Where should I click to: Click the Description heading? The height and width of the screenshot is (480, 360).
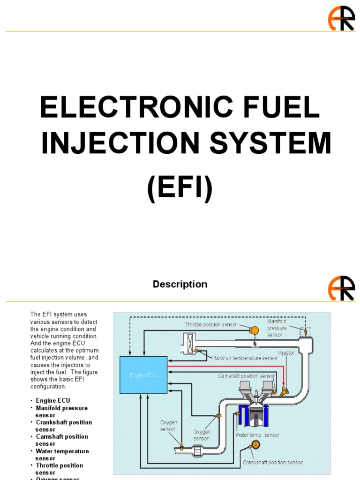click(180, 284)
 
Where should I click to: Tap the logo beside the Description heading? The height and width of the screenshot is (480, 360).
click(341, 288)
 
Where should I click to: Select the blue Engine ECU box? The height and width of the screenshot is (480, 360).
click(143, 375)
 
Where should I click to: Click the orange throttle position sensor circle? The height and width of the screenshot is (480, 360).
click(254, 330)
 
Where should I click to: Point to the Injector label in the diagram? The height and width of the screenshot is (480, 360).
click(286, 352)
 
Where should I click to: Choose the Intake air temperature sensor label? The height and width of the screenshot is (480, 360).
click(244, 358)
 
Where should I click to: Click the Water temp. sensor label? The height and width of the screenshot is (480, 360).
click(257, 435)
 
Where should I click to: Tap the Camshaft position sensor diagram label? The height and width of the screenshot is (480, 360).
click(247, 376)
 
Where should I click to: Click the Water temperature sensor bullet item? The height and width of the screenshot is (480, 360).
click(62, 455)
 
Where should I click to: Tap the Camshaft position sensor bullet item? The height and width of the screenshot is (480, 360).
click(62, 440)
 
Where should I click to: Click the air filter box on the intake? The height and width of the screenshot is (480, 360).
click(191, 343)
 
